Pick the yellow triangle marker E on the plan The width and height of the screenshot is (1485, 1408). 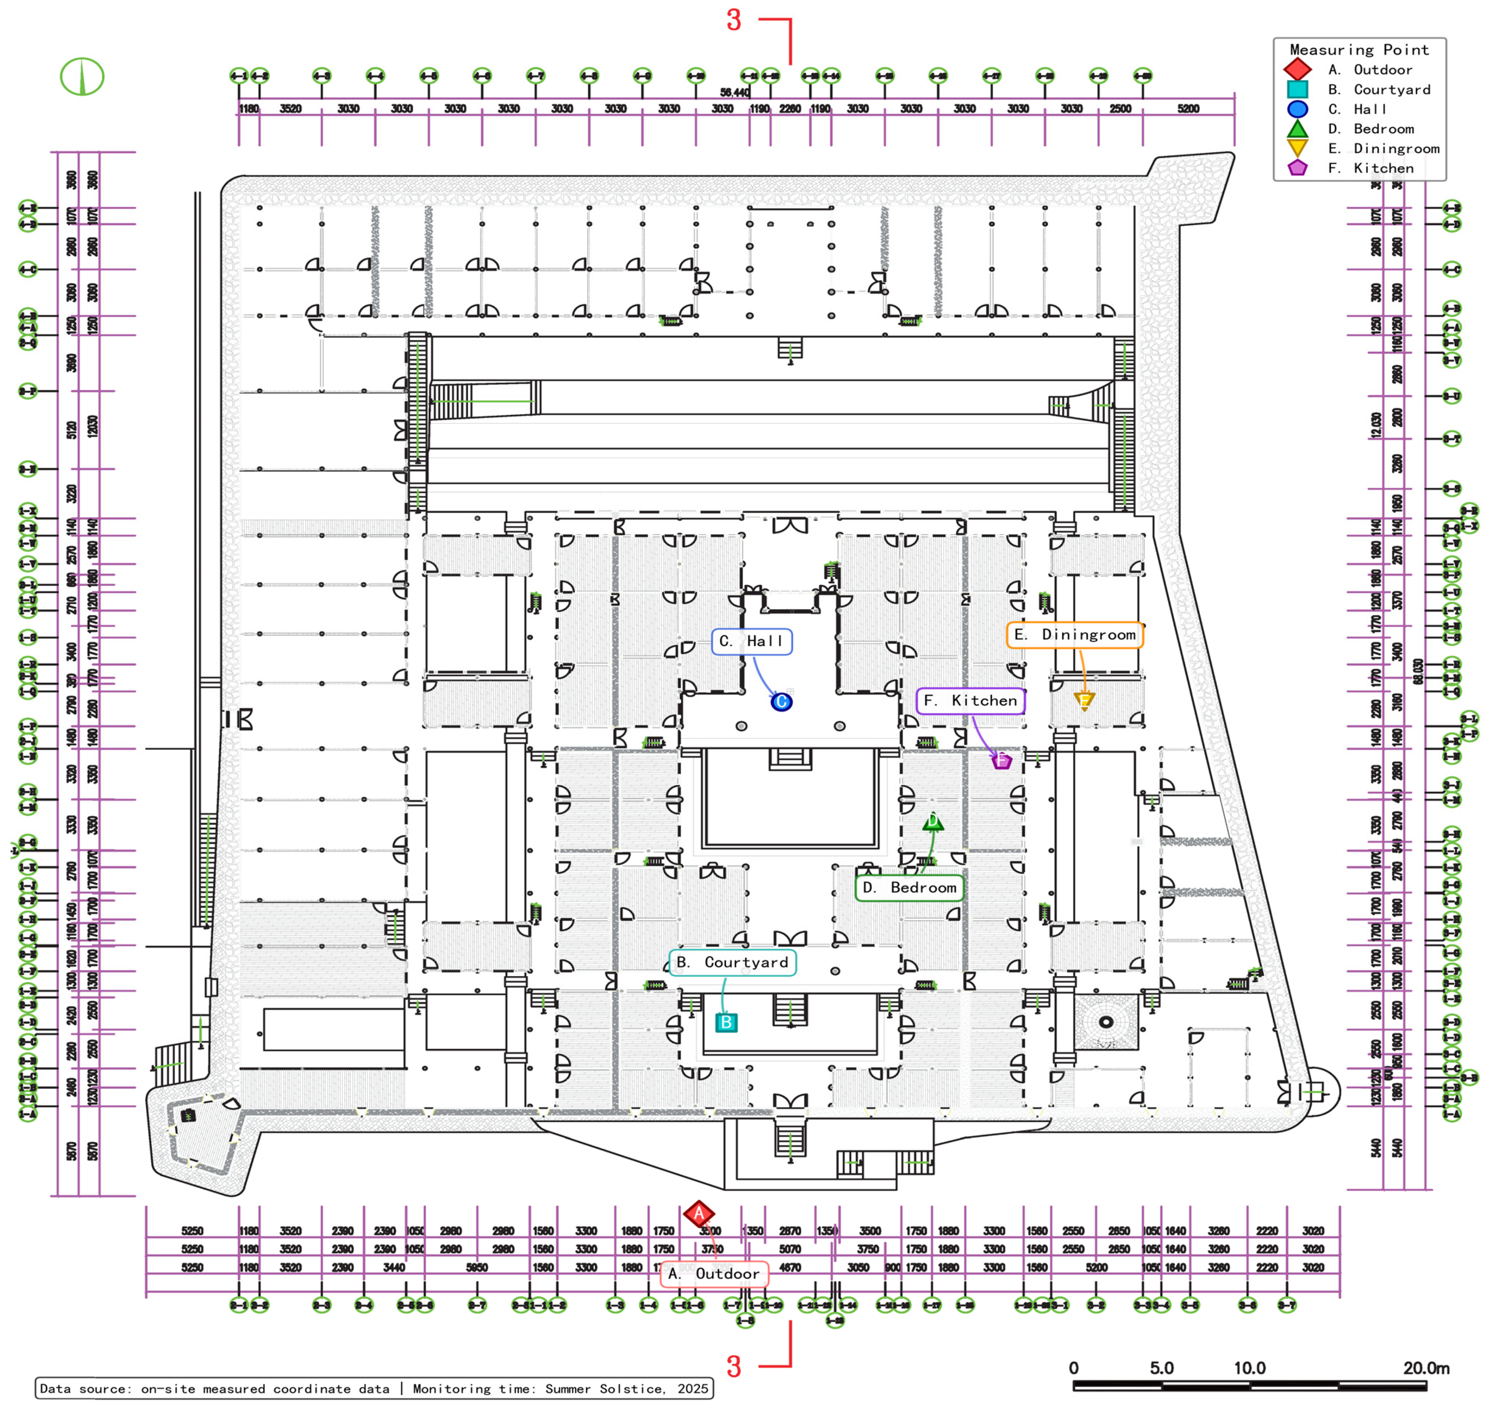[1083, 700]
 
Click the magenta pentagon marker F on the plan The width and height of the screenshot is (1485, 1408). [1001, 761]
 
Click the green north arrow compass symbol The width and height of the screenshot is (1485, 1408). [82, 77]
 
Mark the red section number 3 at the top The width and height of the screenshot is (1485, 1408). [733, 20]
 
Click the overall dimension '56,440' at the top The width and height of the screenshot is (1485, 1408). [734, 92]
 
